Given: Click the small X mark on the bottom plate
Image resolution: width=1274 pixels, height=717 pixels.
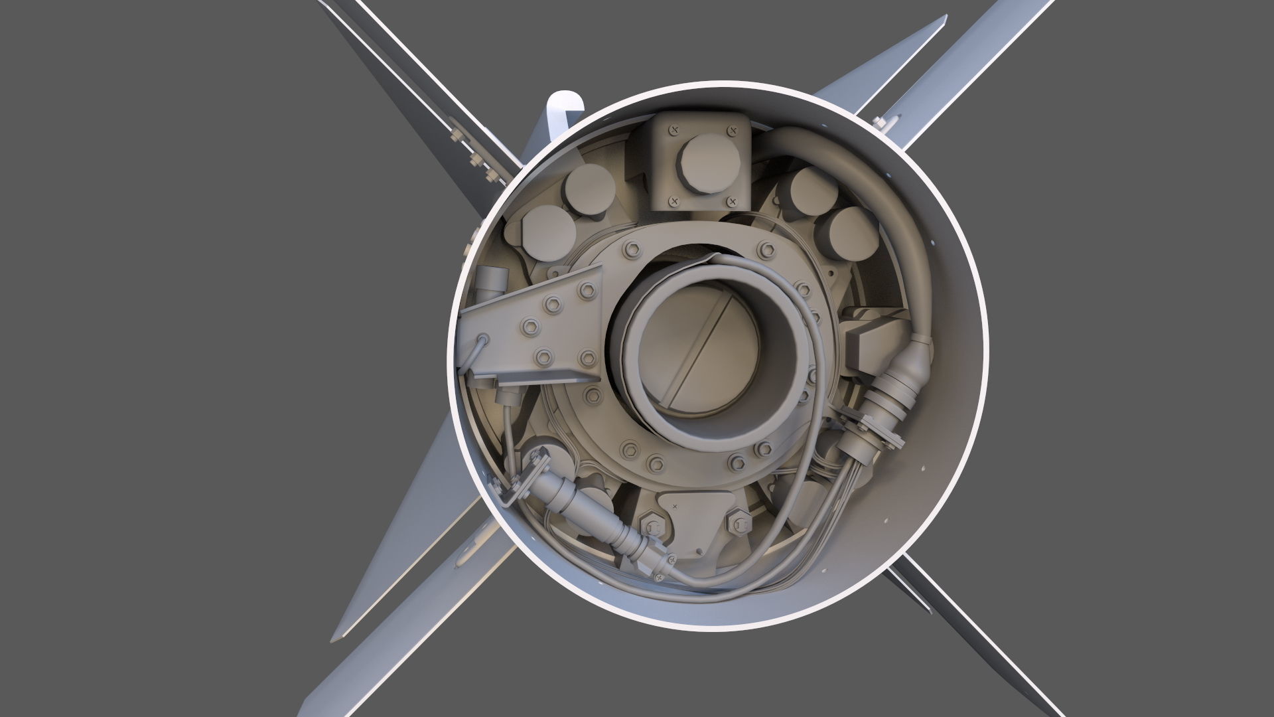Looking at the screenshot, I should [x=675, y=506].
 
